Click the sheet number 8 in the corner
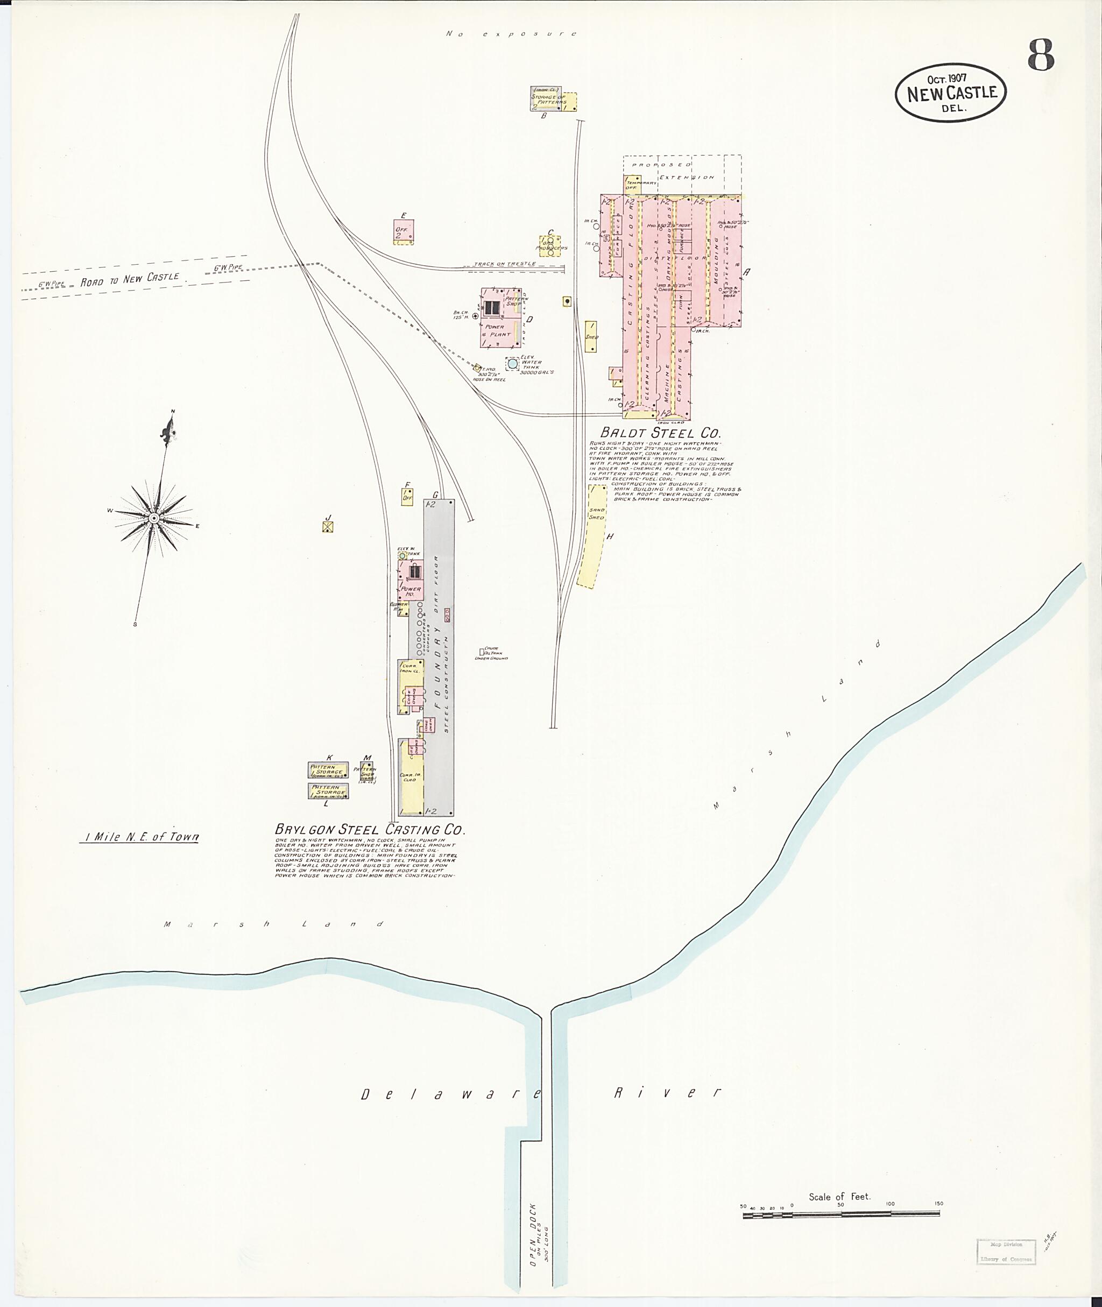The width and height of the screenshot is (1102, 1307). coord(1041,56)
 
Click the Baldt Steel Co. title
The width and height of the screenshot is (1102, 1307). coord(660,432)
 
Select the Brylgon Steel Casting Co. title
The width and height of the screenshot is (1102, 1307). coord(370,830)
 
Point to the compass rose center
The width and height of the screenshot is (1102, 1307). coord(153,517)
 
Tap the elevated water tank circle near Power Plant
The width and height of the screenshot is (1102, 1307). coord(512,363)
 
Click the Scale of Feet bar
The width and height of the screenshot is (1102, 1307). coord(841,1214)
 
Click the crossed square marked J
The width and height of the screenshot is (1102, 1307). coord(327,527)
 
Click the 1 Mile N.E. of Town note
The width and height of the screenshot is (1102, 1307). coord(139,837)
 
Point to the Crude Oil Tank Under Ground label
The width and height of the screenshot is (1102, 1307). coord(491,653)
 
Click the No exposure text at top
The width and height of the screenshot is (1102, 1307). coord(512,34)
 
